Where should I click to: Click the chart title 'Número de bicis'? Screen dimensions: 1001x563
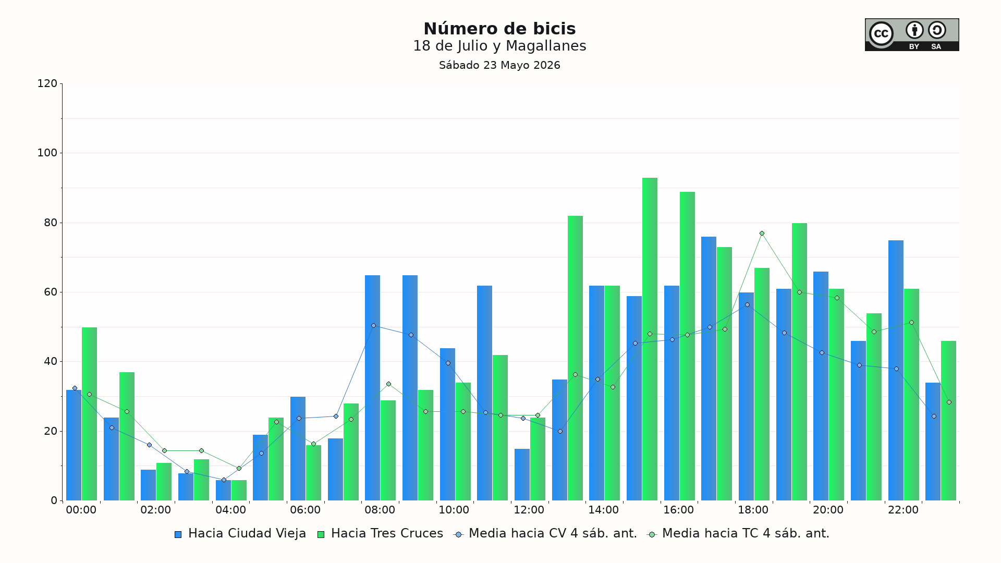pyautogui.click(x=499, y=29)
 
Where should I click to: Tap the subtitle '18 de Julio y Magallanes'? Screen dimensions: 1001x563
pyautogui.click(x=499, y=46)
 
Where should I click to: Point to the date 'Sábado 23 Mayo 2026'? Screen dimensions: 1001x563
pyautogui.click(x=499, y=65)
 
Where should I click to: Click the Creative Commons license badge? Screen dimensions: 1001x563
pyautogui.click(x=912, y=35)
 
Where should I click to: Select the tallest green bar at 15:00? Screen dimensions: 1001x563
pyautogui.click(x=650, y=339)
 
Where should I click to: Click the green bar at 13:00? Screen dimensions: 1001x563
pyautogui.click(x=575, y=358)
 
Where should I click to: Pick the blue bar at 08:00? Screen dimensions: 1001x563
pyautogui.click(x=372, y=388)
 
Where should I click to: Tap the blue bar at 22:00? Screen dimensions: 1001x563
pyautogui.click(x=896, y=371)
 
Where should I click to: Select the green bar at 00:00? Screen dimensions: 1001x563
pyautogui.click(x=89, y=414)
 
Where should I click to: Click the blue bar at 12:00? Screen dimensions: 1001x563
pyautogui.click(x=522, y=475)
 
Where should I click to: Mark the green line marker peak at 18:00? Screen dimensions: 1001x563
pyautogui.click(x=762, y=234)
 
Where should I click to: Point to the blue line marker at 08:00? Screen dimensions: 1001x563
pyautogui.click(x=373, y=326)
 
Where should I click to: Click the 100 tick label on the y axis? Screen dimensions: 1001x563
pyautogui.click(x=47, y=153)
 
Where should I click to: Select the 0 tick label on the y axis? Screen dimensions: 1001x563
pyautogui.click(x=54, y=500)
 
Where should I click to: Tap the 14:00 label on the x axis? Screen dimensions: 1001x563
pyautogui.click(x=604, y=510)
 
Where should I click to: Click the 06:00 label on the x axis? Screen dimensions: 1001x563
pyautogui.click(x=305, y=510)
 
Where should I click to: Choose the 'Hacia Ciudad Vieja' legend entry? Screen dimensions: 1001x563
pyautogui.click(x=240, y=534)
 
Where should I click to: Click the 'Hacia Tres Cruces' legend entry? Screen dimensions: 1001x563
pyautogui.click(x=380, y=534)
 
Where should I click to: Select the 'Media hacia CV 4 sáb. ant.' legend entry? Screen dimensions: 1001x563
pyautogui.click(x=546, y=534)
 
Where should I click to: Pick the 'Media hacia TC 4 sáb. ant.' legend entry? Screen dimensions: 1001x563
pyautogui.click(x=738, y=534)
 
